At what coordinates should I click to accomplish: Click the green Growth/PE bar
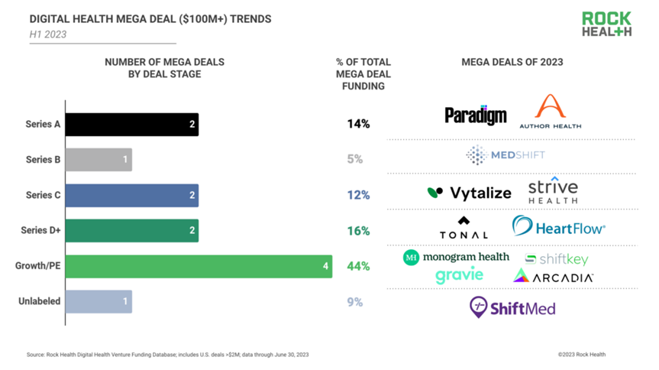199,266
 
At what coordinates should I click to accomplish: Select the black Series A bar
132,124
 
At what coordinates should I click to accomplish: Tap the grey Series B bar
99,159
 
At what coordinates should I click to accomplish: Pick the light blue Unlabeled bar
99,301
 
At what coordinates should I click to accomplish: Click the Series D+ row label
43,231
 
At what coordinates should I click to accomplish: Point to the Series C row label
43,195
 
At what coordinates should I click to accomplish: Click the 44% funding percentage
357,266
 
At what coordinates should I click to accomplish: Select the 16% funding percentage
357,231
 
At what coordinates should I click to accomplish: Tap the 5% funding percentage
354,159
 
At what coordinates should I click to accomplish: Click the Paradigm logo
476,115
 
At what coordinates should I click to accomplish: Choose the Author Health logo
550,111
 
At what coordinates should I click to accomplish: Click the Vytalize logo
469,193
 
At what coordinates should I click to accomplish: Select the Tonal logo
464,228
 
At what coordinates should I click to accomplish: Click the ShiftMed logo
512,308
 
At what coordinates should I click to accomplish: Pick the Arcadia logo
554,277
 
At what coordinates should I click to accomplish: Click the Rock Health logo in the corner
606,24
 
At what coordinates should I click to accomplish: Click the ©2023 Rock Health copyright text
582,355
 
